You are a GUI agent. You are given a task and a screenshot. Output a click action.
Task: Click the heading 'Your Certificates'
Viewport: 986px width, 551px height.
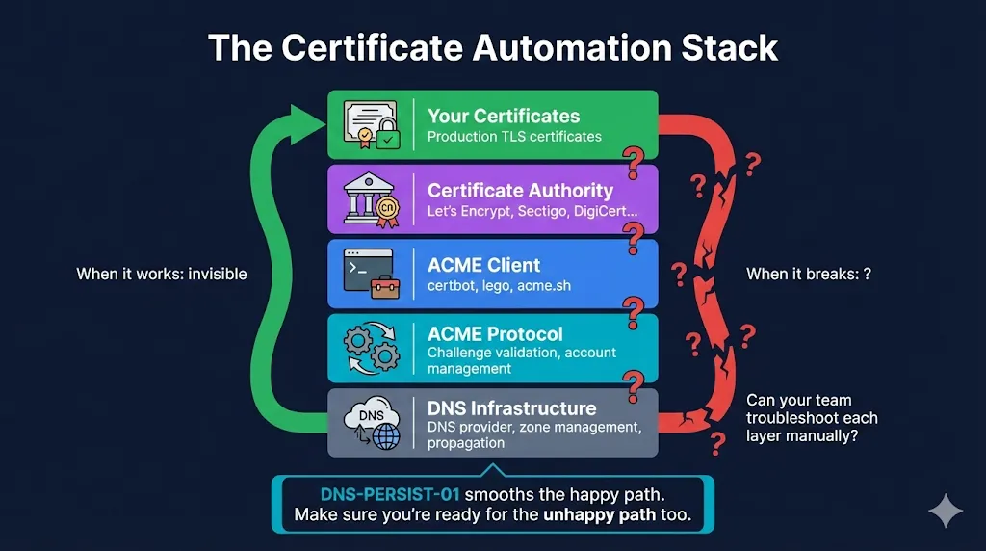(504, 116)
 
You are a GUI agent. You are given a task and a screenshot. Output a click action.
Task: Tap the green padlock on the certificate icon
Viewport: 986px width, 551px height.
(387, 139)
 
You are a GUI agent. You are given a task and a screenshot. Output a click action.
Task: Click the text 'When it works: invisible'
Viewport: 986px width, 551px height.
(162, 274)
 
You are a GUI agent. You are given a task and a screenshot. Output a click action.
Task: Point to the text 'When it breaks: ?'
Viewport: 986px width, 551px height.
(808, 274)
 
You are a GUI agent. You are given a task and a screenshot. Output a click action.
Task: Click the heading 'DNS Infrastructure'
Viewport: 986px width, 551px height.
(511, 408)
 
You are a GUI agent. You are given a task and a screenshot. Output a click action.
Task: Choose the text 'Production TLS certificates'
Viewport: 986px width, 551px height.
(514, 137)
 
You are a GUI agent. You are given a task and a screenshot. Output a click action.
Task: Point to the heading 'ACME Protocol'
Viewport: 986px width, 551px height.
(495, 333)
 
